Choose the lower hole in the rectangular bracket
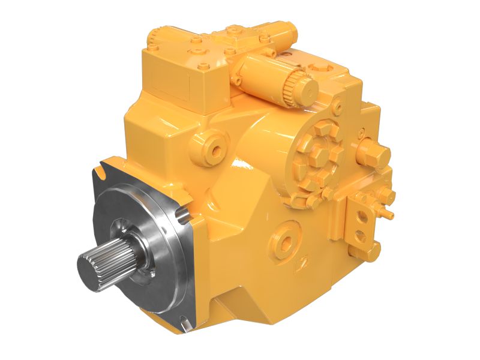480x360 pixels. (361, 235)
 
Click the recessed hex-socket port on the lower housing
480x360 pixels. (286, 241)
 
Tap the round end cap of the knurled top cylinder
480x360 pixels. (308, 89)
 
